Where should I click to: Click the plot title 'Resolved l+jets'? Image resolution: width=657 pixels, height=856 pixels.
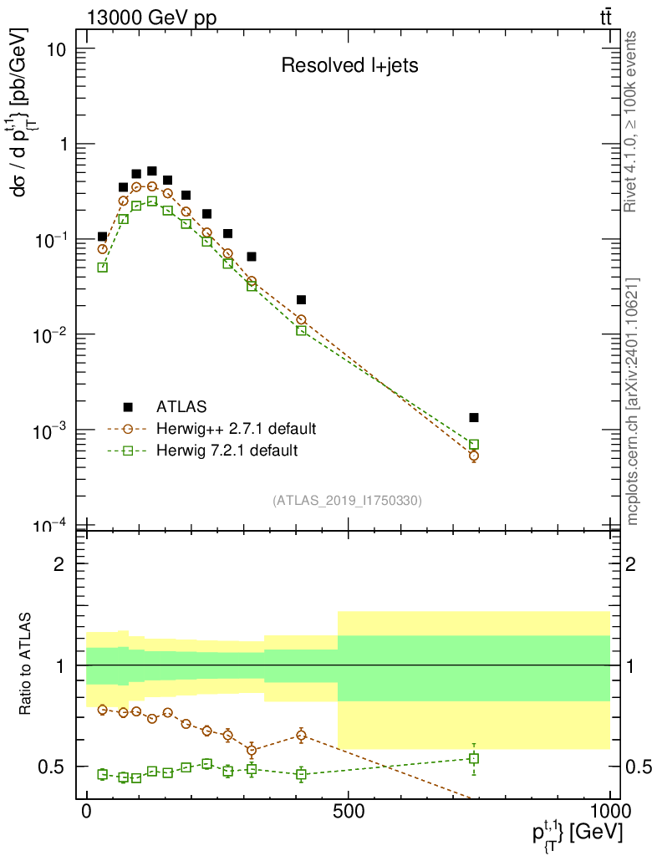[x=349, y=66]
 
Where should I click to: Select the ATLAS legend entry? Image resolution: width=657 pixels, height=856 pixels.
[x=178, y=408]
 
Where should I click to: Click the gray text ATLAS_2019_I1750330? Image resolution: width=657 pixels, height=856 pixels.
[x=347, y=501]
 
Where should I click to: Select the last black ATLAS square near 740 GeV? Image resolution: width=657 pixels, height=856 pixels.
[x=474, y=417]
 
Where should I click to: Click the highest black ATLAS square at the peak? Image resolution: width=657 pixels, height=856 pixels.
[x=152, y=171]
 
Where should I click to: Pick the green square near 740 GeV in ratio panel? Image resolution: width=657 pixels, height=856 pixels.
[x=474, y=758]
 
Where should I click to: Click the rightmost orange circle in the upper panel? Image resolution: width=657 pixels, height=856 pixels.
[x=474, y=456]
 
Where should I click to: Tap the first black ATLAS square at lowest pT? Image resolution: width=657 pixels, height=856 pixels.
[x=103, y=237]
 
